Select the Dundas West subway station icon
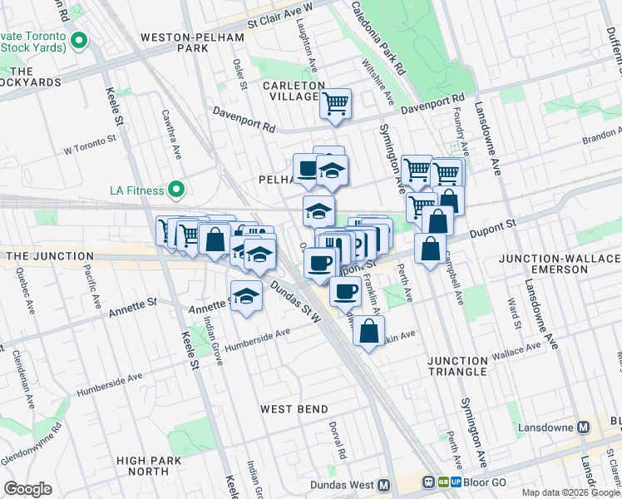click(383, 485)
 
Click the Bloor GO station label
click(485, 482)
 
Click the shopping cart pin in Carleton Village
click(336, 104)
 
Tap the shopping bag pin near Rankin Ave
click(368, 331)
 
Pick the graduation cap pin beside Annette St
click(245, 296)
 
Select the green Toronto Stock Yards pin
click(80, 40)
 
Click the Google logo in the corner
click(27, 489)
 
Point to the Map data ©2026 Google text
click(570, 492)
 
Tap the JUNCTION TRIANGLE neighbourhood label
click(457, 367)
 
